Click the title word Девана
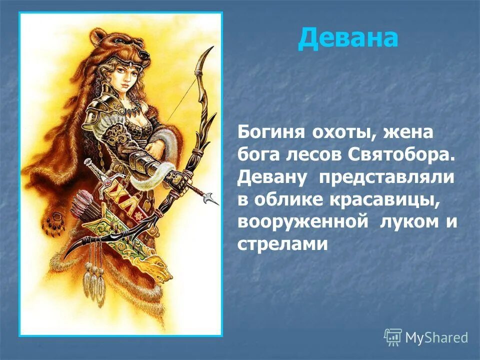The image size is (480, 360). [x=348, y=38]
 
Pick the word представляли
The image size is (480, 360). [x=389, y=177]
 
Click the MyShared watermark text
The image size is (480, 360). [x=436, y=337]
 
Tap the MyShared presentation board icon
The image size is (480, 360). [x=392, y=337]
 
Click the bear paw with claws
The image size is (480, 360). [x=53, y=222]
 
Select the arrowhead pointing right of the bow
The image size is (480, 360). [x=213, y=199]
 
